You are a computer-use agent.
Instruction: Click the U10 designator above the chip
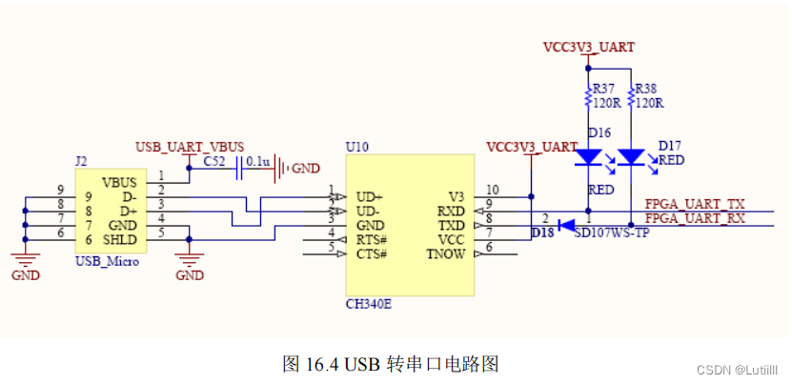[x=355, y=148]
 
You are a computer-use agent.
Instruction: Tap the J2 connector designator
[x=81, y=163]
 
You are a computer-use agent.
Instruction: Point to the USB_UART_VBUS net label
[x=190, y=147]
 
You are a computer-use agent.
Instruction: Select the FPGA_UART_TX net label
[x=695, y=204]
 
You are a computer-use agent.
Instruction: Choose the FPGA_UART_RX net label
[x=695, y=218]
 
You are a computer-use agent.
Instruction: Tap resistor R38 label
[x=647, y=89]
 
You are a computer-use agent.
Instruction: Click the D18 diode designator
[x=542, y=232]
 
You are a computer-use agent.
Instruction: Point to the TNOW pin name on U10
[x=446, y=253]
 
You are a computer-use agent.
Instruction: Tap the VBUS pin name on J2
[x=119, y=181]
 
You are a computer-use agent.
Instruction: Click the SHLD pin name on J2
[x=120, y=238]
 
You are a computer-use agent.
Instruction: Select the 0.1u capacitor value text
[x=257, y=163]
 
